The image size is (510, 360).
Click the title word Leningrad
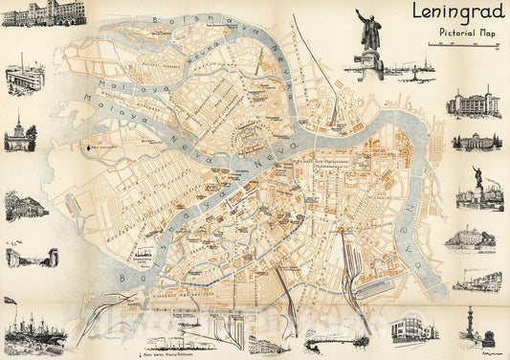pos(455,13)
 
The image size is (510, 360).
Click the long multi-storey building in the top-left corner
pos(33,13)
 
